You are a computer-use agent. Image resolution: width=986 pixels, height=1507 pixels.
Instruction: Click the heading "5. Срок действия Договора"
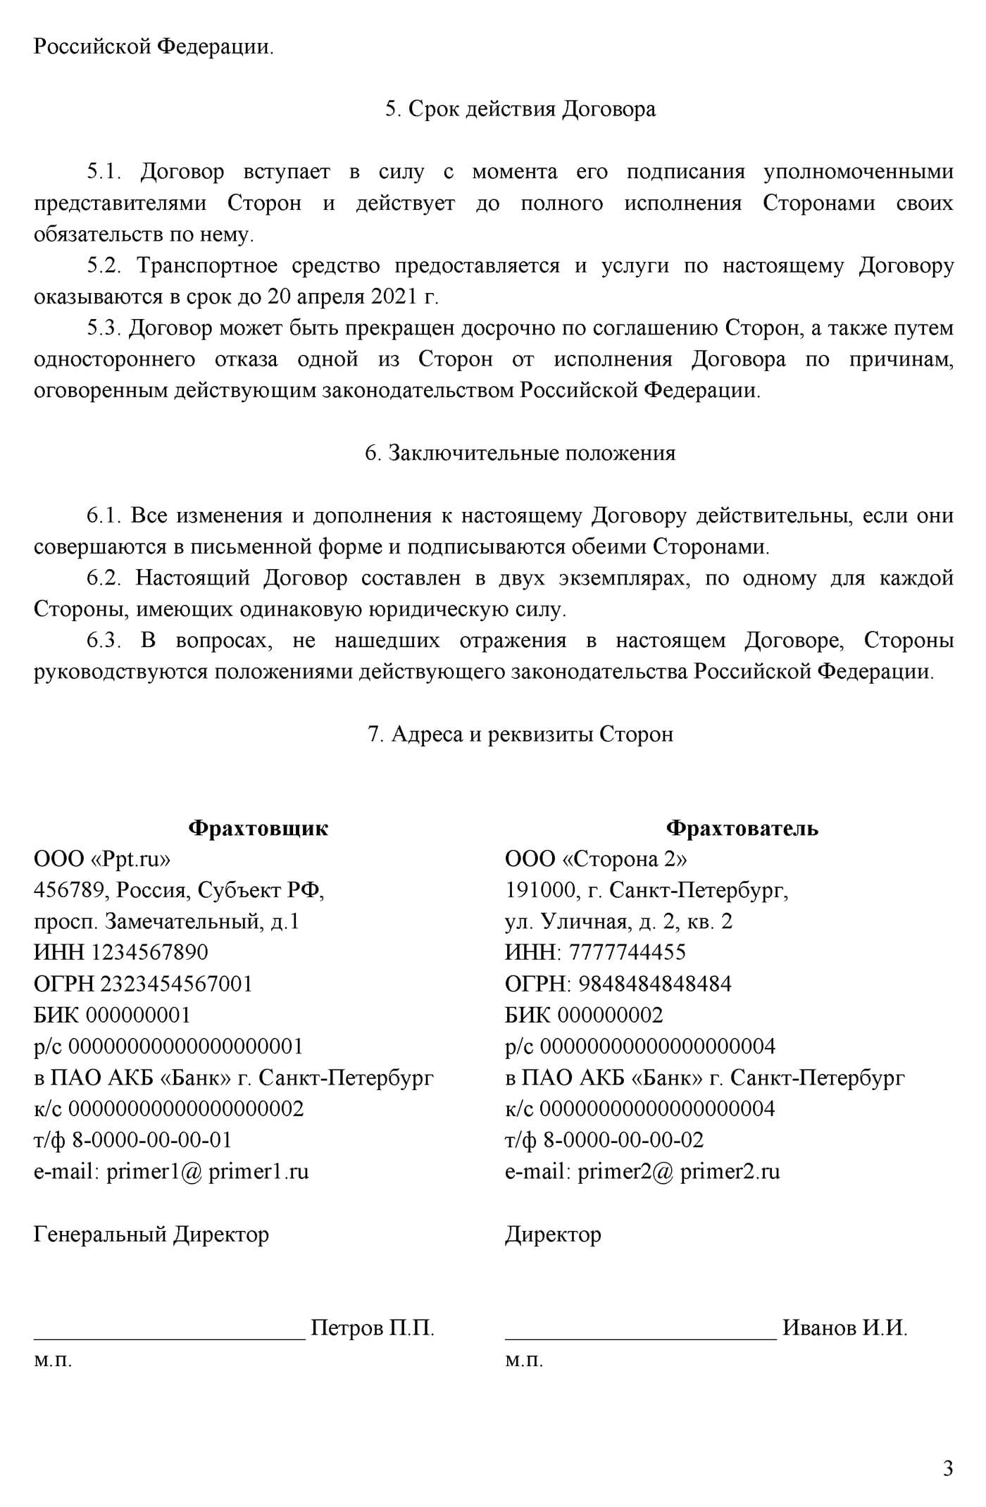click(520, 109)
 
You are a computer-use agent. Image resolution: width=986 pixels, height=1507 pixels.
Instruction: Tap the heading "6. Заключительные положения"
click(520, 453)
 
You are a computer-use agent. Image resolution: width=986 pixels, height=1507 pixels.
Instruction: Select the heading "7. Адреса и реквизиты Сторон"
click(520, 734)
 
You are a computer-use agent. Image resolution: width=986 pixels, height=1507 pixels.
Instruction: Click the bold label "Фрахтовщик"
click(258, 828)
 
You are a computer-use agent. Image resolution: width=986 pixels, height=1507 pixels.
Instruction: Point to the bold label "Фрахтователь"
click(742, 828)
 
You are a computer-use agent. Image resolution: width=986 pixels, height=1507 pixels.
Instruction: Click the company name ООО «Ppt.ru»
click(102, 859)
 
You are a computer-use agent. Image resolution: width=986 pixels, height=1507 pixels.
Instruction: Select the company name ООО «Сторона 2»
click(596, 859)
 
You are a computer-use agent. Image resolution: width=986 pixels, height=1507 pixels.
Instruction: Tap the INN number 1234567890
click(150, 953)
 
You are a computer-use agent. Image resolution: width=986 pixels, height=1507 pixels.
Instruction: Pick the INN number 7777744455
click(627, 953)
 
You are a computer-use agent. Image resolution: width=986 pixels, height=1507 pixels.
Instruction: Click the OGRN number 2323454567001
click(176, 984)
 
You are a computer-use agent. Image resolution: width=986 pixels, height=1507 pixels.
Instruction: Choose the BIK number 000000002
click(610, 1015)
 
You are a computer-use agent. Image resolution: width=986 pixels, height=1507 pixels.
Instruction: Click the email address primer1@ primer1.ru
click(207, 1171)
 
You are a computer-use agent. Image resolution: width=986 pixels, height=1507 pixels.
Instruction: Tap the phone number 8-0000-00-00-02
click(623, 1140)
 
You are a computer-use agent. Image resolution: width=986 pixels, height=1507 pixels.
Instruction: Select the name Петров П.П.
click(373, 1328)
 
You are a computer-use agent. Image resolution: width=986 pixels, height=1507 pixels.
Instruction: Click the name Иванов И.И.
click(844, 1328)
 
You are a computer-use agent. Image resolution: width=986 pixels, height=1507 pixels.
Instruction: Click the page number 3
click(948, 1468)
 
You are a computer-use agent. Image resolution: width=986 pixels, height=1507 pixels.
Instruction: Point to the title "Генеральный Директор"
click(151, 1234)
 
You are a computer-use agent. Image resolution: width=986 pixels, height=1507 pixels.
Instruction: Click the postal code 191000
click(540, 891)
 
